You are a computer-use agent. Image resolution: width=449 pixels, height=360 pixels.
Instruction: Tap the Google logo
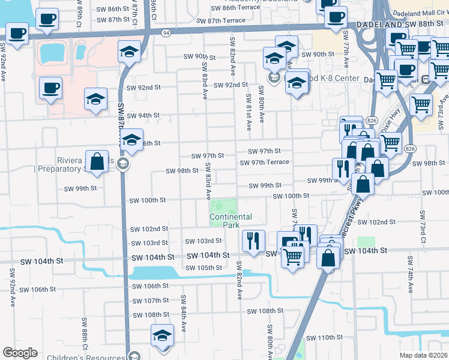tap(20, 353)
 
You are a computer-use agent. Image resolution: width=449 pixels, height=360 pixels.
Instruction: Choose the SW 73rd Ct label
tap(423, 227)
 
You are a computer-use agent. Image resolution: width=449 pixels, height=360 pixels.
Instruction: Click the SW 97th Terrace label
tap(264, 163)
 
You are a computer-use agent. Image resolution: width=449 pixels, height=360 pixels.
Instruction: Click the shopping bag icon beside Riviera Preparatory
tap(97, 161)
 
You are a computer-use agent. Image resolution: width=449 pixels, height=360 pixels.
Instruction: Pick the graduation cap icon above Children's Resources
tap(162, 336)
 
